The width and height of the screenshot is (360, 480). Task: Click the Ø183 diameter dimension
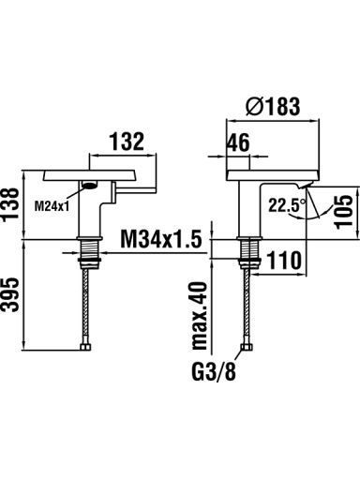(273, 106)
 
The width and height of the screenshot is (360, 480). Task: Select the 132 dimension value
(127, 142)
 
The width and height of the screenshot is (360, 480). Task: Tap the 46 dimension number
(238, 142)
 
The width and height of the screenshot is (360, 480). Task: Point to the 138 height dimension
(10, 204)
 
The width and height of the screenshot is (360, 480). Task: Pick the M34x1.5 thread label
(161, 239)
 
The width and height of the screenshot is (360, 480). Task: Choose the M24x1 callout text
(52, 206)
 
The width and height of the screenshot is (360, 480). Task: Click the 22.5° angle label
(287, 205)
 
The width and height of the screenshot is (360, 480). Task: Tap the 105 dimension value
(343, 212)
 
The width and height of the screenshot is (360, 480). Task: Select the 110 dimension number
(285, 261)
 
